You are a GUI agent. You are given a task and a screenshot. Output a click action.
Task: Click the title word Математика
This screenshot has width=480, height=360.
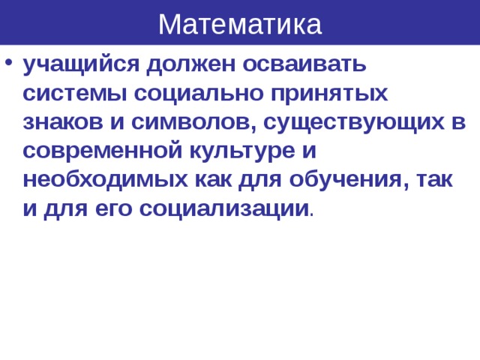click(240, 24)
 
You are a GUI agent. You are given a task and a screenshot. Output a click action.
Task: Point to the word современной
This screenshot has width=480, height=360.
click(97, 151)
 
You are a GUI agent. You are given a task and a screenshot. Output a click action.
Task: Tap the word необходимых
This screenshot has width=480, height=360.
click(99, 180)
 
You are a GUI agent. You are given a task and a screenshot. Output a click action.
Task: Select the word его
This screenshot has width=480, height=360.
click(112, 208)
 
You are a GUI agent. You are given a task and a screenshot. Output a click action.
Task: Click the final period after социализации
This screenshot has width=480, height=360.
click(312, 214)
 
